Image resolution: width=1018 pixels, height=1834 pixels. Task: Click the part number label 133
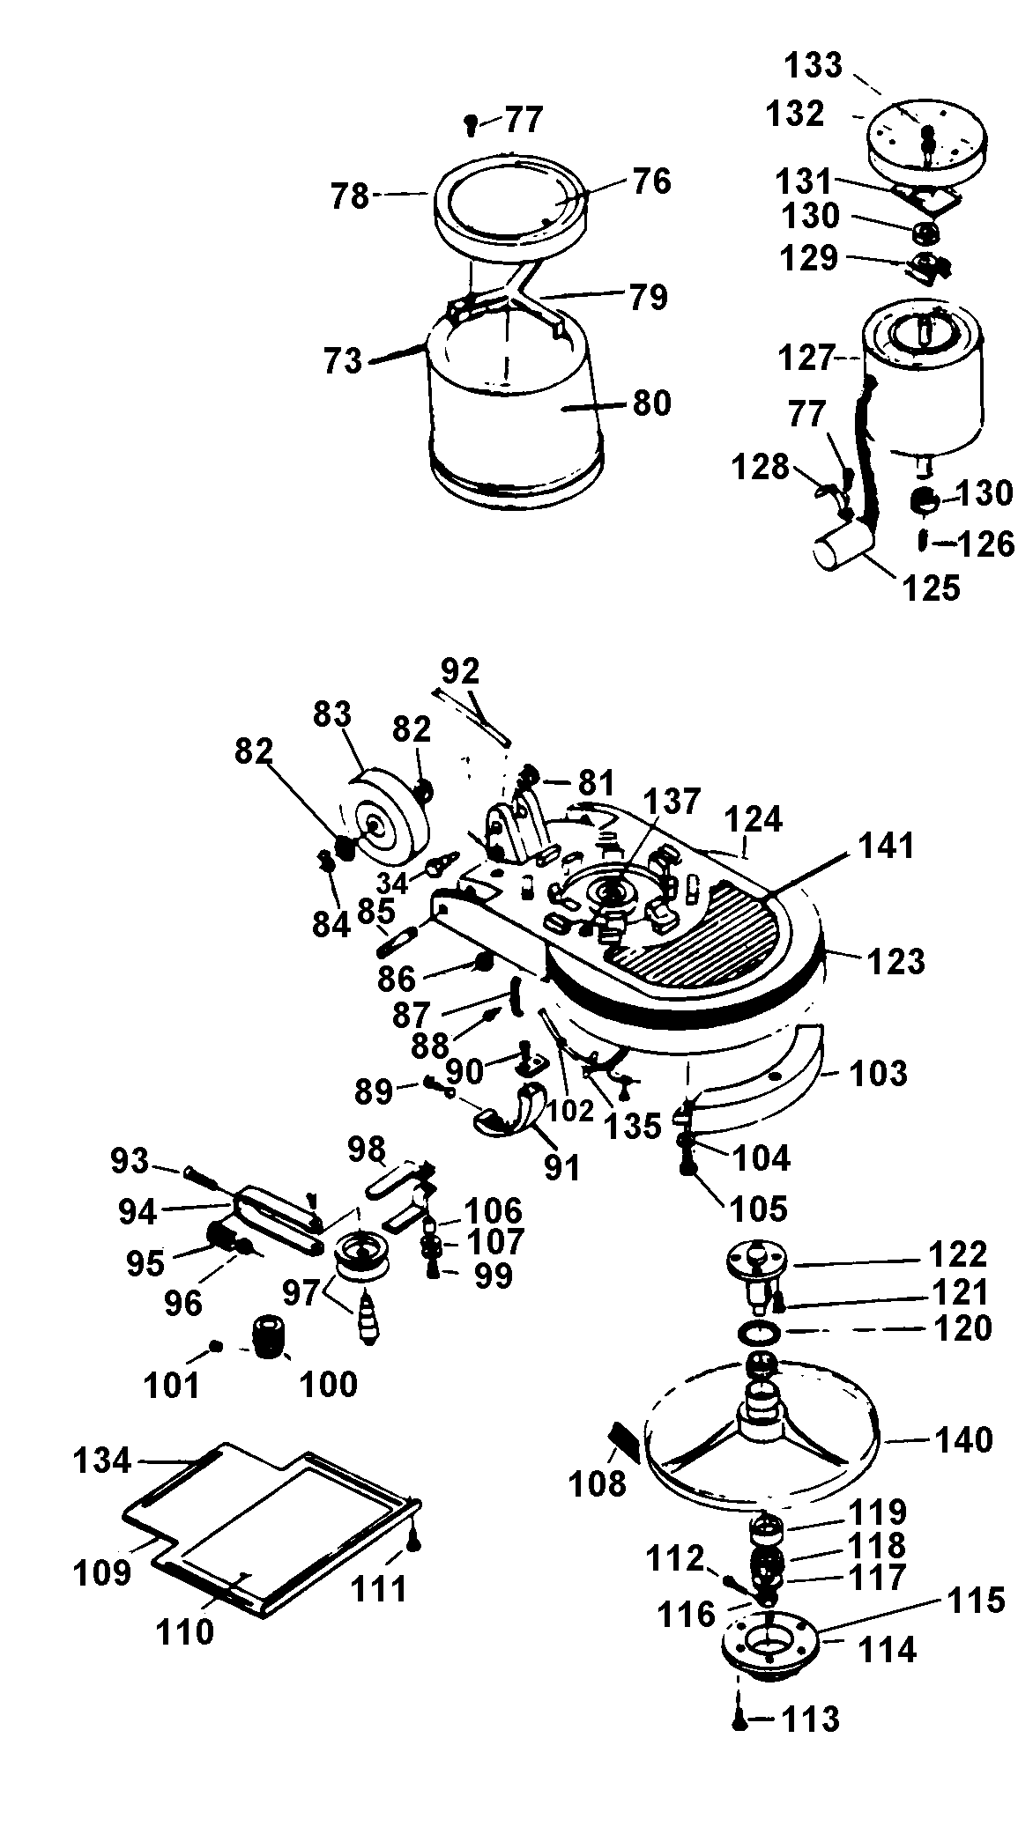pos(814,65)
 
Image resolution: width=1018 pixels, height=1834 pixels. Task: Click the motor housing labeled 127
pos(921,388)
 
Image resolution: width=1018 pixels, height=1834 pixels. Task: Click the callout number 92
pos(460,671)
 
